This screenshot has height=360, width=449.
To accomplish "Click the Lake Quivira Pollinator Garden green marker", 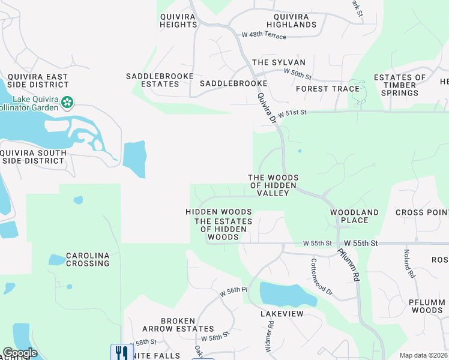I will (x=68, y=103).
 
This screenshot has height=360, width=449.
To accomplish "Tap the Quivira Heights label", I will (x=178, y=20).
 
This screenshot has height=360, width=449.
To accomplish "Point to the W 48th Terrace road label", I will (x=264, y=35).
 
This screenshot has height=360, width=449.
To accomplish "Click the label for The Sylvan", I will (x=279, y=62).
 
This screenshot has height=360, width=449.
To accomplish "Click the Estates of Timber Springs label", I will (x=399, y=85).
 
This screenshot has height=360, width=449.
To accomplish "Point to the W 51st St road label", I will (x=291, y=112).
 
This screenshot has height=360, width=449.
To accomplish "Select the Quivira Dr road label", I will (x=266, y=109).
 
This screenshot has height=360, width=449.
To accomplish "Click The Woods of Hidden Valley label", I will (x=273, y=185).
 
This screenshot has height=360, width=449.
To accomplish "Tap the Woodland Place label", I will (x=354, y=216).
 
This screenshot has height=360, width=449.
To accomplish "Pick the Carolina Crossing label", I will (x=88, y=259).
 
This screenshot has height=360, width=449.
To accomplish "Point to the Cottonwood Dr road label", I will (x=321, y=276).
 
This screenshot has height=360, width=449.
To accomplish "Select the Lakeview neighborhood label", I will (x=282, y=314).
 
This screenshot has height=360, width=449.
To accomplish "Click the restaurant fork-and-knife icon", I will (x=121, y=352).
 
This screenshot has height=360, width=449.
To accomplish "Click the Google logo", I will (x=20, y=353).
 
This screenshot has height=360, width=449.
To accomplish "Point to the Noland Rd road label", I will (x=409, y=263).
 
